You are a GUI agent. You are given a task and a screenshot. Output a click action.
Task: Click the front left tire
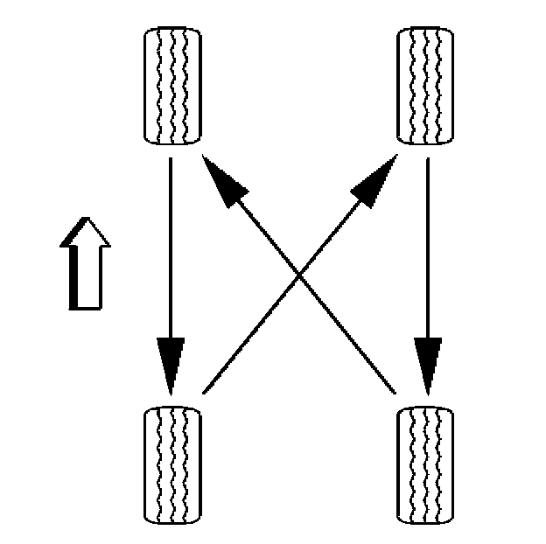[171, 84]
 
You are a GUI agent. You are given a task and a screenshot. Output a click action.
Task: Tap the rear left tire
[171, 463]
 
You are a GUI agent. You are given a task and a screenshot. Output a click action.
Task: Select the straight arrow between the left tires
[171, 262]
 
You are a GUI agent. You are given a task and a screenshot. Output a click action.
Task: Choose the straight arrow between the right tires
[427, 262]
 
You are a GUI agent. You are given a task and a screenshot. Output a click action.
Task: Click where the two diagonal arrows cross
[299, 275]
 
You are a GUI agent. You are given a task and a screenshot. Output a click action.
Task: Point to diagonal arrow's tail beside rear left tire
[203, 391]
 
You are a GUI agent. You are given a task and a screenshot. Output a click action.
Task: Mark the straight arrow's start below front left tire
[171, 161]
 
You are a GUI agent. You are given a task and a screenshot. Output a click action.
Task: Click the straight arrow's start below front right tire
[427, 161]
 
